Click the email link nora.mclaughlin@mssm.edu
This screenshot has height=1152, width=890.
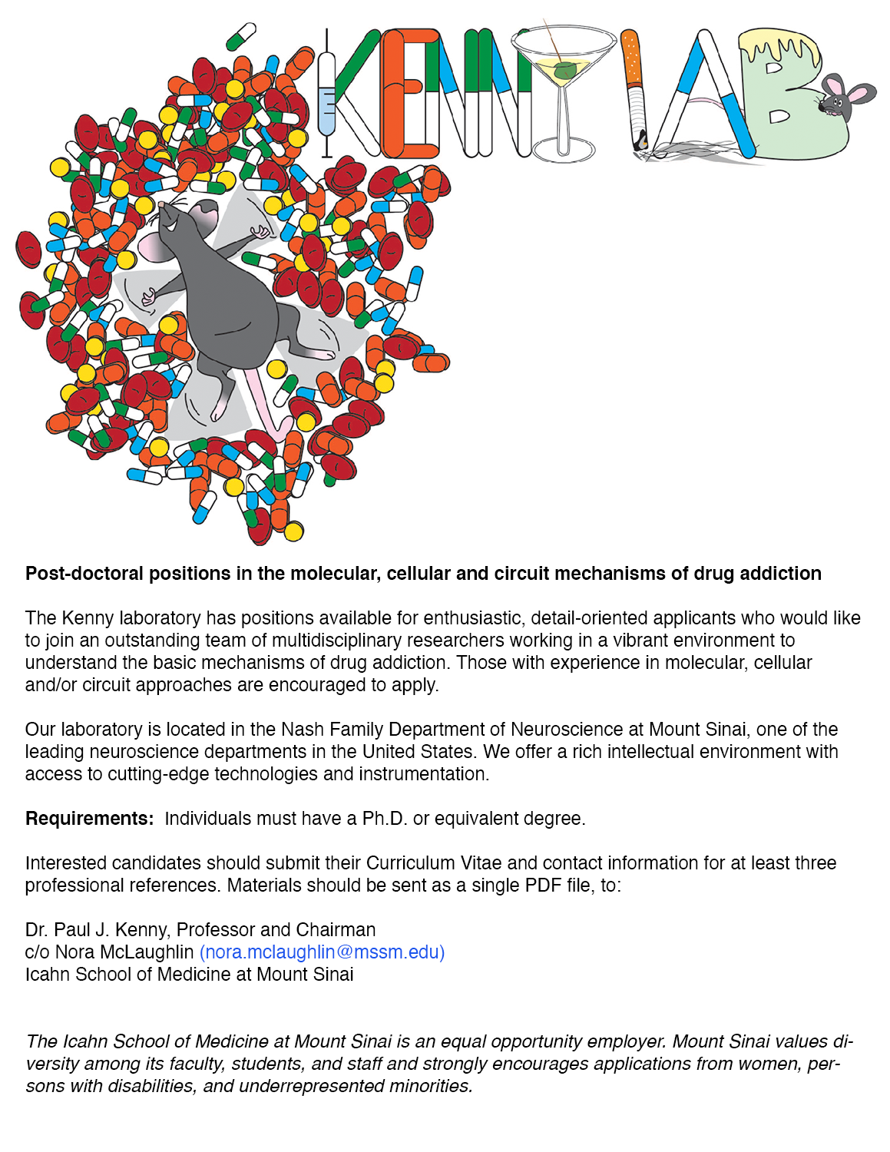click(x=322, y=952)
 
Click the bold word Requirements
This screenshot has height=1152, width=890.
click(x=88, y=819)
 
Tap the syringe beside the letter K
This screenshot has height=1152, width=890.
click(x=326, y=96)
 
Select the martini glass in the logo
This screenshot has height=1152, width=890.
click(x=564, y=84)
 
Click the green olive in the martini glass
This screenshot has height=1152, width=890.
click(x=566, y=72)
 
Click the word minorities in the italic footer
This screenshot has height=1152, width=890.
click(x=430, y=1086)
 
